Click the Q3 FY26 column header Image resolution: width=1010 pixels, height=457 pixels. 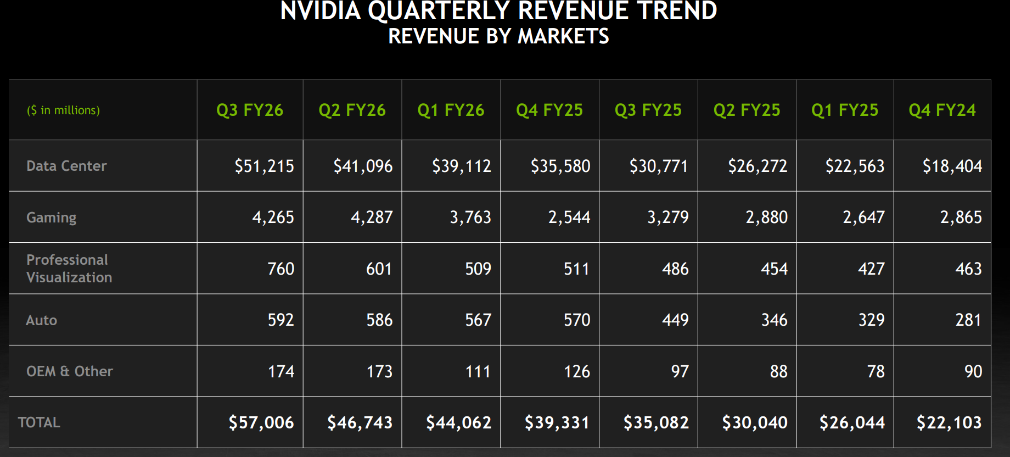(x=250, y=110)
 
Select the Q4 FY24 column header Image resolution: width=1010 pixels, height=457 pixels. (x=942, y=110)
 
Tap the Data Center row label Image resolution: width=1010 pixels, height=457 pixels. (x=66, y=166)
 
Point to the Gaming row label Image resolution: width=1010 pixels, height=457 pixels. (x=52, y=218)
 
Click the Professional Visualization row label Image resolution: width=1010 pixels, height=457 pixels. (x=69, y=269)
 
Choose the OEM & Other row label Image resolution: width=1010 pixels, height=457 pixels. (x=70, y=371)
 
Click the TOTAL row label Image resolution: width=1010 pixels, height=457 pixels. (x=39, y=422)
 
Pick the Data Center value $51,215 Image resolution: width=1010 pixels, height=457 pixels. (x=264, y=166)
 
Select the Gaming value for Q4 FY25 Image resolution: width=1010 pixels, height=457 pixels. (x=569, y=218)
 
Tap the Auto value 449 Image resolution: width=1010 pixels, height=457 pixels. (x=675, y=320)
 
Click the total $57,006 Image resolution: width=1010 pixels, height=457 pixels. (x=261, y=422)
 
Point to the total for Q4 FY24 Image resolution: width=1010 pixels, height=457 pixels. (x=949, y=422)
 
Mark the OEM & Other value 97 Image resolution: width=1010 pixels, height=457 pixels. (x=680, y=371)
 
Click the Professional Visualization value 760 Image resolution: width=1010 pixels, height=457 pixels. (x=280, y=269)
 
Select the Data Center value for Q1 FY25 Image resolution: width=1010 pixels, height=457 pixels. (x=855, y=166)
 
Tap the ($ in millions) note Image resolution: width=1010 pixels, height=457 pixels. (x=64, y=110)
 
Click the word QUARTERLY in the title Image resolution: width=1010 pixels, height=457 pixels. (x=439, y=11)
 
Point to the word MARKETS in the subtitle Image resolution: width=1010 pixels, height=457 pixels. (x=563, y=36)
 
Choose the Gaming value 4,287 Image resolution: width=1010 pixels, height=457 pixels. (x=372, y=218)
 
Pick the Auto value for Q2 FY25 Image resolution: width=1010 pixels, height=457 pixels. (x=774, y=320)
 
